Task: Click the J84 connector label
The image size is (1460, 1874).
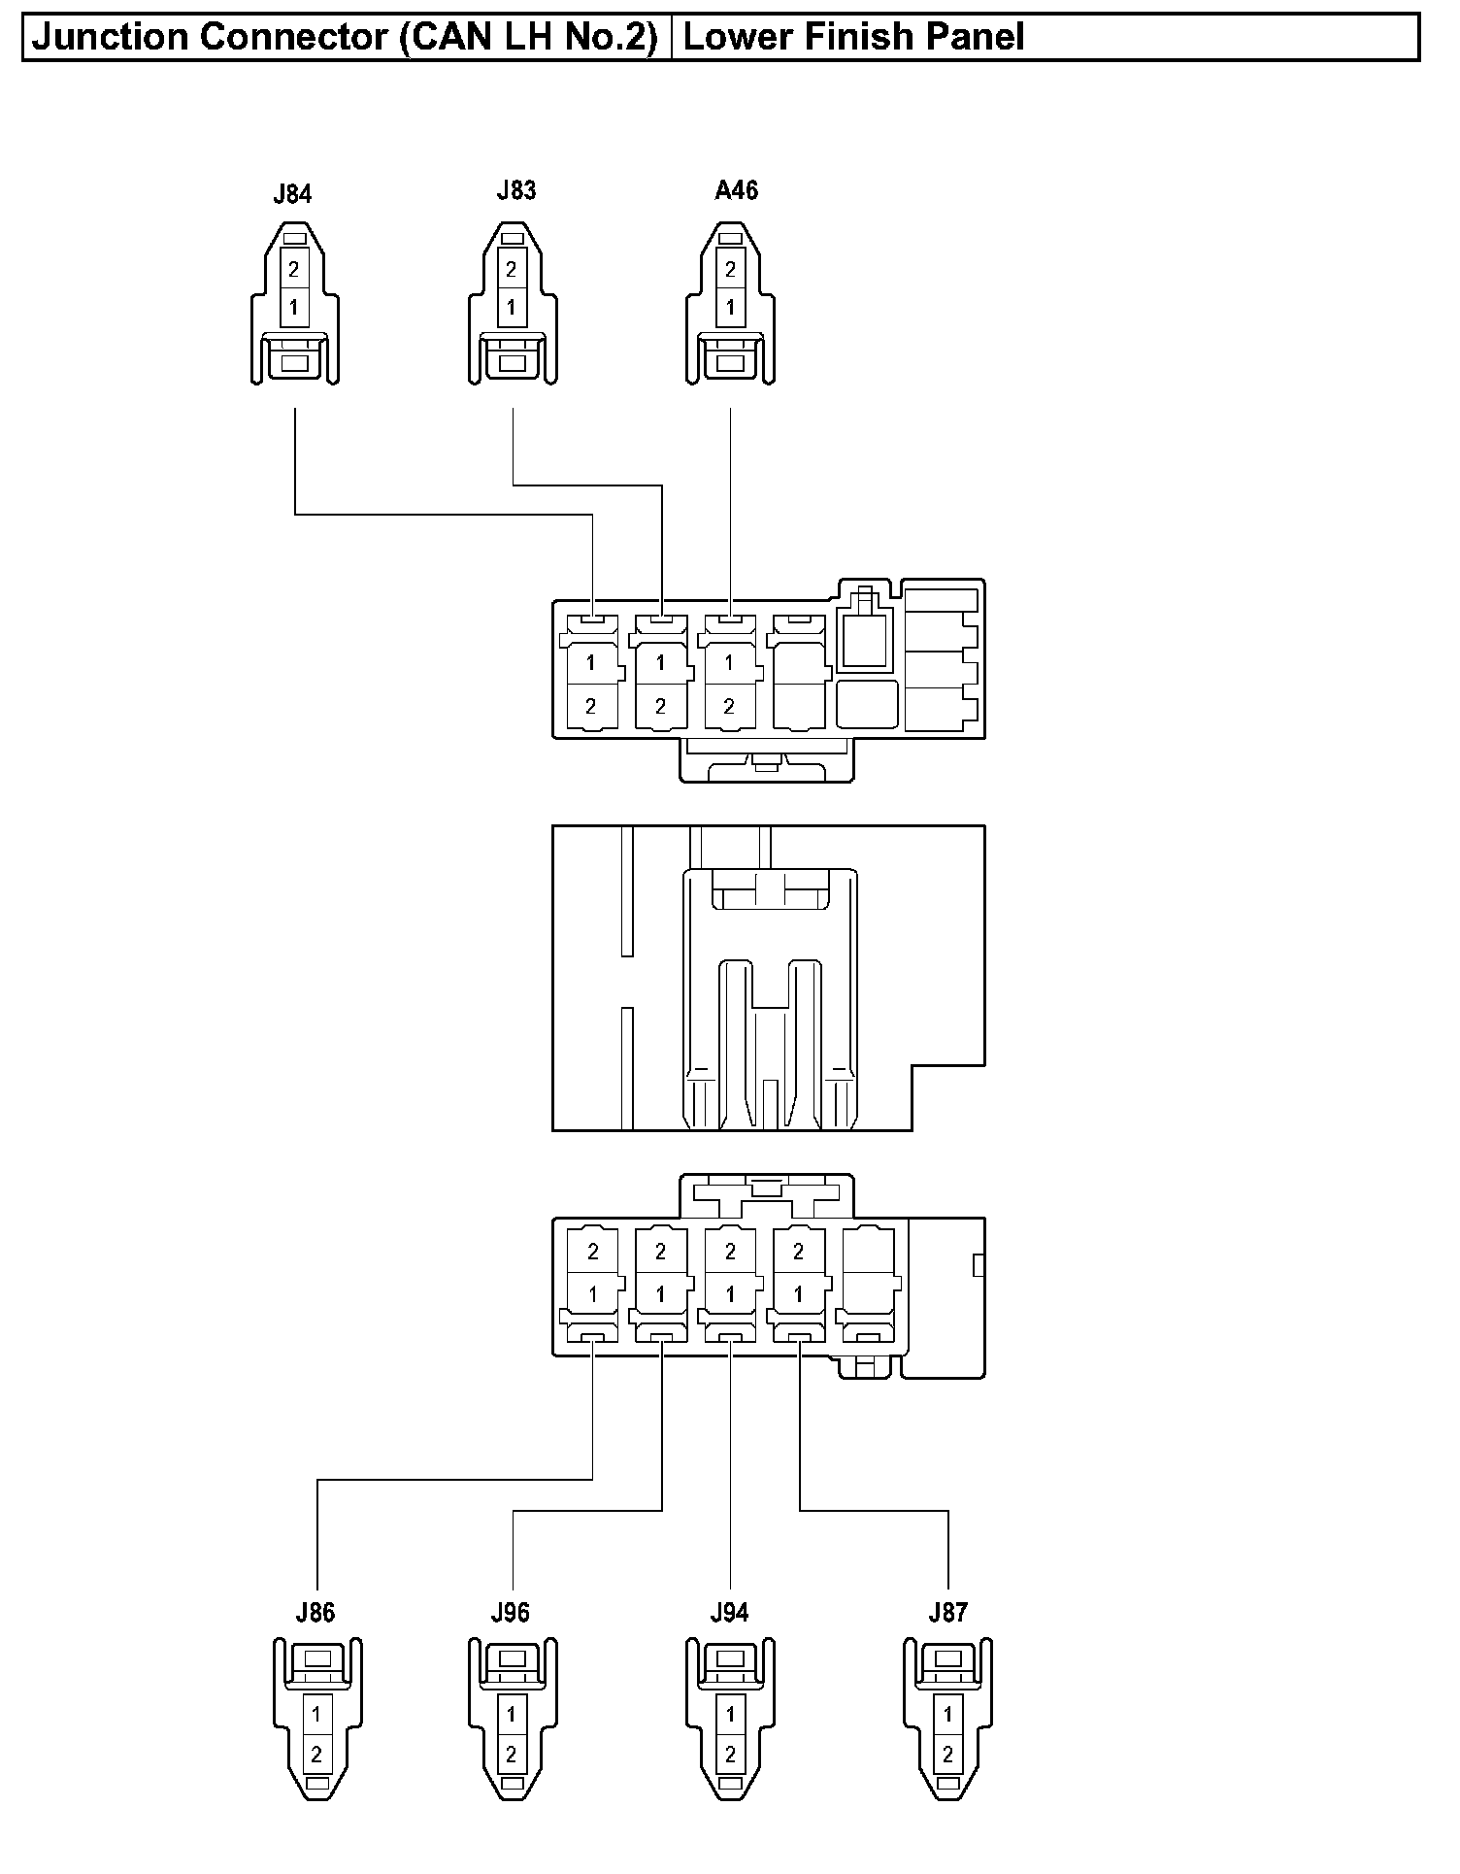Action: pos(292,194)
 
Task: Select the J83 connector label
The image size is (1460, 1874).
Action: pos(515,190)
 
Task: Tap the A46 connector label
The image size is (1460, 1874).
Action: pos(736,190)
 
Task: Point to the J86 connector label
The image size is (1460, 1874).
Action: pos(315,1613)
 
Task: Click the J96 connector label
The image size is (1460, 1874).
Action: pos(511,1613)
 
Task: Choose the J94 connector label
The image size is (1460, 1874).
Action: pos(729,1613)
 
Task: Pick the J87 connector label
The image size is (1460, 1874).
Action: pos(947,1613)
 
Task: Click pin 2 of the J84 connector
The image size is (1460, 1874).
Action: pos(294,270)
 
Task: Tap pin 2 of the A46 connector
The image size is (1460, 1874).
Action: pos(730,270)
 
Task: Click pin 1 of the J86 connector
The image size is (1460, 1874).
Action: pos(316,1715)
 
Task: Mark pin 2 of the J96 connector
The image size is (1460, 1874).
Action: pos(512,1755)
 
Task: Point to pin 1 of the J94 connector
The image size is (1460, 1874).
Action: pos(730,1715)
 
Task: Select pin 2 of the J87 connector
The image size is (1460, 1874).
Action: pos(948,1755)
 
